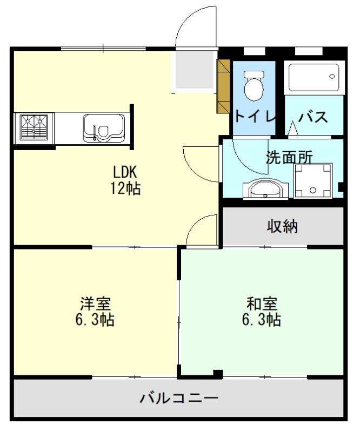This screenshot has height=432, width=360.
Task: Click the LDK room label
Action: coord(125,172)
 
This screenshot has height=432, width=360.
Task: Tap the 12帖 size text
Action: coord(125,188)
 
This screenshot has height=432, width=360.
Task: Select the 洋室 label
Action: coord(95,303)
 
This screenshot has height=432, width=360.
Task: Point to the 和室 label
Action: coord(262,303)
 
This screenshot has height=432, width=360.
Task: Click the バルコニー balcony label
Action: coord(179,398)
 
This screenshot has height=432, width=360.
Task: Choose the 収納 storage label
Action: coord(282,226)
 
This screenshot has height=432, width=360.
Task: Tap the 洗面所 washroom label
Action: coord(289,158)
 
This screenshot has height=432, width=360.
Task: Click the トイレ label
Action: coord(255,116)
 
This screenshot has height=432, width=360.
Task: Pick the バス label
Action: coord(313,117)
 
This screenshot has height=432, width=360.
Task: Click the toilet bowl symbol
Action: coord(254,86)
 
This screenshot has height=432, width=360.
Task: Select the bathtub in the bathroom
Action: coord(314,77)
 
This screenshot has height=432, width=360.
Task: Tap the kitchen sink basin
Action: coord(104,128)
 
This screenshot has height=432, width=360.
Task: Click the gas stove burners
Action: coord(34,127)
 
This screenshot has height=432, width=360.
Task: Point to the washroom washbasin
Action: coord(265,189)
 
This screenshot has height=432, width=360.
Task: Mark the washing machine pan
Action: coord(313,181)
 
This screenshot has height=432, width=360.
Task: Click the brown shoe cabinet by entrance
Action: coord(223,86)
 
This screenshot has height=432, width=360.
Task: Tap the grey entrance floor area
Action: coord(195,70)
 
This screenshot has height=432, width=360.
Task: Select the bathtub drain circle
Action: coord(332,77)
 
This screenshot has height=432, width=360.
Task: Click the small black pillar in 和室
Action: coord(218,374)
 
